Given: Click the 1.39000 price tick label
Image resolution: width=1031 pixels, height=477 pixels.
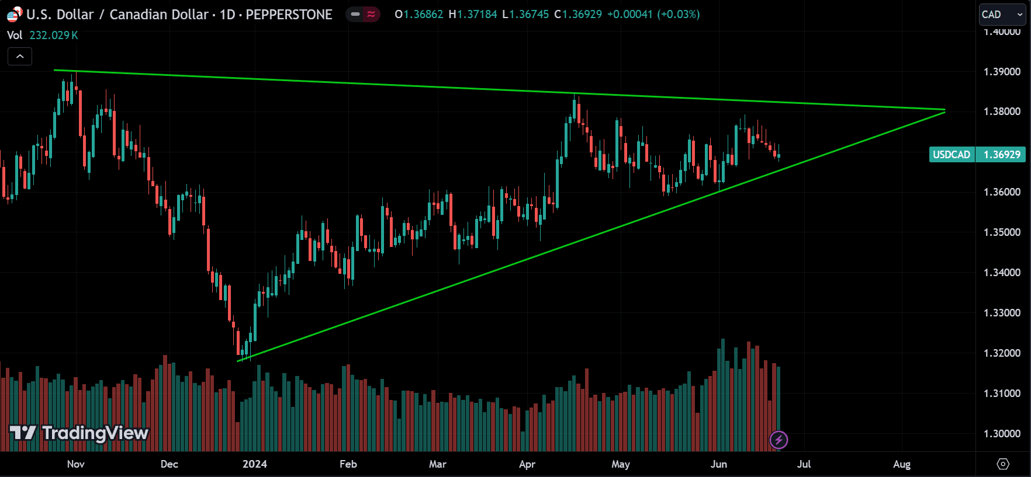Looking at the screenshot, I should coord(1002,72).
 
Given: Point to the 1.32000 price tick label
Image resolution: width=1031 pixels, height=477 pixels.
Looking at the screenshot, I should coord(1002,353).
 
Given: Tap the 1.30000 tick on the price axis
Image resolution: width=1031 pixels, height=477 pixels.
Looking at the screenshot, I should coord(1002,434).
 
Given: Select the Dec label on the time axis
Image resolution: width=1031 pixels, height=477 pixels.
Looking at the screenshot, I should coord(169,464).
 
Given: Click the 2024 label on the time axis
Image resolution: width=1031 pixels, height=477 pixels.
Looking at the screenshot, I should coord(254,464).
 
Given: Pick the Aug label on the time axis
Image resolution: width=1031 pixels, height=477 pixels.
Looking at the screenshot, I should coord(902,464).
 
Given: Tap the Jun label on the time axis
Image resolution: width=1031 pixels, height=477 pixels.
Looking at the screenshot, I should coord(718,464).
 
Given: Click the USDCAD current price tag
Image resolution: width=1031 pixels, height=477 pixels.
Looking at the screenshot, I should coord(977,155).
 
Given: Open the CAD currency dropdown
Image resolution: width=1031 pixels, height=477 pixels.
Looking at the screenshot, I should coord(1002,15).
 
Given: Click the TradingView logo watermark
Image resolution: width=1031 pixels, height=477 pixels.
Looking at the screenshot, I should coord(79,433).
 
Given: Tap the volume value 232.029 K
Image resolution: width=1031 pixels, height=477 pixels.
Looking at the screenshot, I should coord(54,36).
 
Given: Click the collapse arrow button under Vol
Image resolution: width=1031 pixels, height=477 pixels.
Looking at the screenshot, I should coord(20,57).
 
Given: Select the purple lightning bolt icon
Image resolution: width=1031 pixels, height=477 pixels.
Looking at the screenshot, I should coord(779,440).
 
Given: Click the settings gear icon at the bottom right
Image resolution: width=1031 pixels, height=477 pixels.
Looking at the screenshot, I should coord(1003,464).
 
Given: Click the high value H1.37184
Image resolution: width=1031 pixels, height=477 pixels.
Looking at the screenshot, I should coord(473,15).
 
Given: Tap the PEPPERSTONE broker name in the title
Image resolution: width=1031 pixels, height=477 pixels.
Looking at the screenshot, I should coord(289,15).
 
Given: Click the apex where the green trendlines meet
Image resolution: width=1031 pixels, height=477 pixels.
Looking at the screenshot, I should coord(944,110).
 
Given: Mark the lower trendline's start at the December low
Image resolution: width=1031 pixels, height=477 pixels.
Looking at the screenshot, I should coord(238,361).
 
